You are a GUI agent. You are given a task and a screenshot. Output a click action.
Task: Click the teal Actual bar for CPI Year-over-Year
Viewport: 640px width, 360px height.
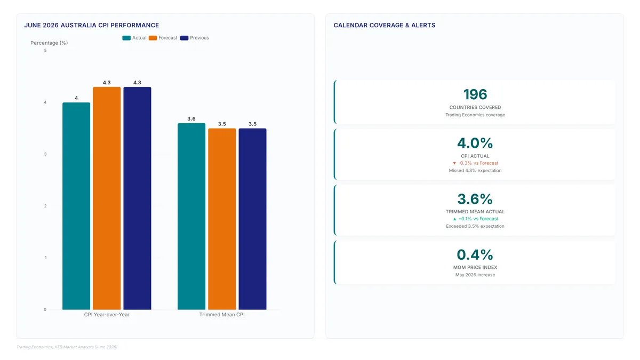[x=76, y=206]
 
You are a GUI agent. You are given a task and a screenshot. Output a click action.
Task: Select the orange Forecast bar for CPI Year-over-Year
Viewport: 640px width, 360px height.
[x=107, y=198]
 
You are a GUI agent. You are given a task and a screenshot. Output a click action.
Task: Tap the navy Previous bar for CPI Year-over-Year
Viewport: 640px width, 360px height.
[x=137, y=198]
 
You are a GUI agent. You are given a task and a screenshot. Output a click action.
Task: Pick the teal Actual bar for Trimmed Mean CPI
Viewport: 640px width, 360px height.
[x=191, y=217]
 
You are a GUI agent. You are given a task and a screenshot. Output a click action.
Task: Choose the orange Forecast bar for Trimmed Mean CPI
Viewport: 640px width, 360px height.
[x=222, y=219]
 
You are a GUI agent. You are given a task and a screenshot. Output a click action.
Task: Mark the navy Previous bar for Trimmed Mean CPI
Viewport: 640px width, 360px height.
[x=253, y=219]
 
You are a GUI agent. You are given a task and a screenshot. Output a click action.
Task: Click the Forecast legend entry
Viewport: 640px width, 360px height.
[x=163, y=38]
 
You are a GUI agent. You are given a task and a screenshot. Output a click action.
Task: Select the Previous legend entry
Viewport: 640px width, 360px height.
[x=195, y=38]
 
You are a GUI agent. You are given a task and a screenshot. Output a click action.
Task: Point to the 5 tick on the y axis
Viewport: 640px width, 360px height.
[x=45, y=51]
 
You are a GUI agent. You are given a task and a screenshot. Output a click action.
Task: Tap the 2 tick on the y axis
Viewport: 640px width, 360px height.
[x=45, y=206]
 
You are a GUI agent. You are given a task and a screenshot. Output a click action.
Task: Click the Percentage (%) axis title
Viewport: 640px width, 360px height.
[x=49, y=43]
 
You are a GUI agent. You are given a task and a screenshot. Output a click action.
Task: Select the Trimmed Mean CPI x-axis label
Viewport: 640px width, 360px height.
[x=222, y=315]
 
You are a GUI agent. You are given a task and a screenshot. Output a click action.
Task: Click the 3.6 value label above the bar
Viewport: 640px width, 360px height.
[x=191, y=118]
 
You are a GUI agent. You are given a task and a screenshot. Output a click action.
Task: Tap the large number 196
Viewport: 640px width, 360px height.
[x=475, y=94]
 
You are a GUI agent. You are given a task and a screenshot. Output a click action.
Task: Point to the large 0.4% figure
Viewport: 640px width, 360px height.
[x=475, y=254]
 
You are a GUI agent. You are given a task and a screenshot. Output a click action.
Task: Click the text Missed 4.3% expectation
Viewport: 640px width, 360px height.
[x=475, y=171]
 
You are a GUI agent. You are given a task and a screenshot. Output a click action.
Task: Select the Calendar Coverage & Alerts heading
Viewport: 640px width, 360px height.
[x=385, y=25]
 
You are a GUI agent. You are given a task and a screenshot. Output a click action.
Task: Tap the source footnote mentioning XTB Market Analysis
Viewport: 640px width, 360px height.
[x=67, y=347]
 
